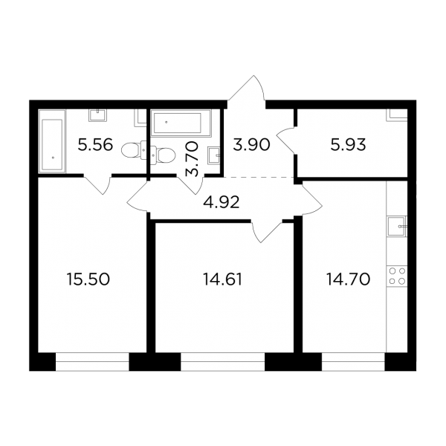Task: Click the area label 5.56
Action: [95, 145]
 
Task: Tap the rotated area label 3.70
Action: [191, 159]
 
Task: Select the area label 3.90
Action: [251, 145]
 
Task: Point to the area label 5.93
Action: [348, 145]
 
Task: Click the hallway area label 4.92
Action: [222, 202]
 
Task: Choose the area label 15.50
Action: [88, 279]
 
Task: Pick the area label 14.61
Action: [222, 279]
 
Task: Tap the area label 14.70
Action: [348, 279]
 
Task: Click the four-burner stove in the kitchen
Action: [397, 276]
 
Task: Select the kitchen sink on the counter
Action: [397, 226]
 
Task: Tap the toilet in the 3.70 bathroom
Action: [162, 155]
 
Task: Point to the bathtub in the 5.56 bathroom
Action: [52, 141]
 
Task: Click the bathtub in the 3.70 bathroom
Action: [181, 123]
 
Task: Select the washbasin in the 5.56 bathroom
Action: [98, 115]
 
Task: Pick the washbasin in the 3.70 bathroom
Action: [214, 155]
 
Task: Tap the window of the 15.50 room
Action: [92, 361]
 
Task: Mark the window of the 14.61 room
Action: [223, 361]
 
